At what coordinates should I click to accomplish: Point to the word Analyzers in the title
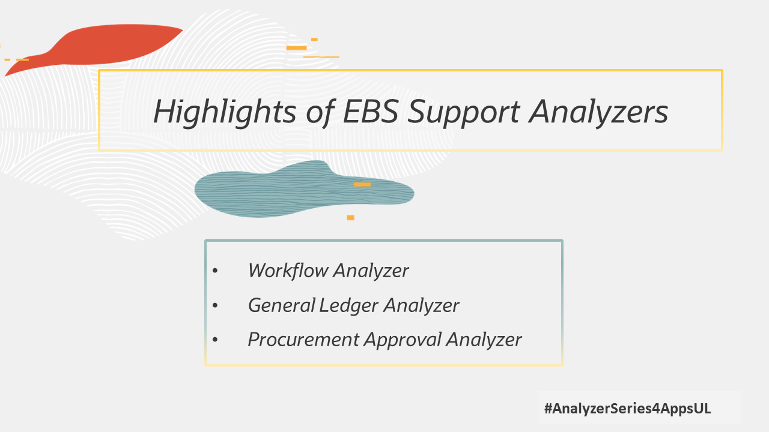[x=599, y=113]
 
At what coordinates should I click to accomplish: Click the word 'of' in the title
[x=316, y=112]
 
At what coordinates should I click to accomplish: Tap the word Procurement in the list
[x=303, y=340]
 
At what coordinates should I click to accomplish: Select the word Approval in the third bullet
[x=403, y=340]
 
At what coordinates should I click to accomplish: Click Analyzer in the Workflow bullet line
[x=371, y=271]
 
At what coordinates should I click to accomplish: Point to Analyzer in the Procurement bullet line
[x=484, y=340]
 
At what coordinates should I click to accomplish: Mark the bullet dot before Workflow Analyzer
[x=216, y=271]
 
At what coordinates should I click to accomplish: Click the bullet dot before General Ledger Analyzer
[x=216, y=306]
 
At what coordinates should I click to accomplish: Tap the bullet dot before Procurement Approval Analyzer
[x=216, y=340]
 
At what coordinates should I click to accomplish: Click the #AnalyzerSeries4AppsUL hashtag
[x=627, y=409]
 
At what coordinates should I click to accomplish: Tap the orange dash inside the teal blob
[x=362, y=184]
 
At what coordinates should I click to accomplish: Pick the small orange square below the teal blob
[x=350, y=218]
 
